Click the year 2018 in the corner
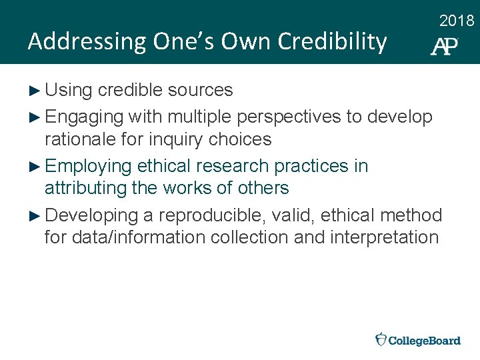[x=457, y=21]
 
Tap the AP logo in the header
[x=445, y=46]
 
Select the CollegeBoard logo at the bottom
[x=418, y=340]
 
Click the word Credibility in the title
[x=332, y=42]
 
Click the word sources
[x=200, y=90]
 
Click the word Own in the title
[x=246, y=42]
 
